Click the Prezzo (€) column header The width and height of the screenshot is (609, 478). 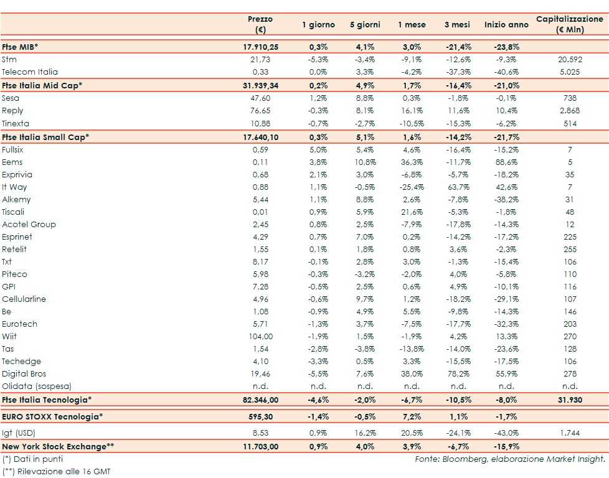pyautogui.click(x=260, y=24)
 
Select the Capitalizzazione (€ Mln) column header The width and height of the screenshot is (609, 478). pyautogui.click(x=569, y=24)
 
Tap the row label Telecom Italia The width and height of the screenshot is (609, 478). pyautogui.click(x=30, y=72)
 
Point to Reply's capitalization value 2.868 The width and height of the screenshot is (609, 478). pyautogui.click(x=569, y=110)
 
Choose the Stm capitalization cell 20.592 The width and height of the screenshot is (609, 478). pyautogui.click(x=569, y=60)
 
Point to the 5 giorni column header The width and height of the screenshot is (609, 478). pyautogui.click(x=365, y=25)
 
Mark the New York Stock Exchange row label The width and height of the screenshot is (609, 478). pyautogui.click(x=59, y=446)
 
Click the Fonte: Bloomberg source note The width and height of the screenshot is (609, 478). pyautogui.click(x=509, y=459)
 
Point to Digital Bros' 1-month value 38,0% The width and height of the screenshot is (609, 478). pyautogui.click(x=412, y=374)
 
